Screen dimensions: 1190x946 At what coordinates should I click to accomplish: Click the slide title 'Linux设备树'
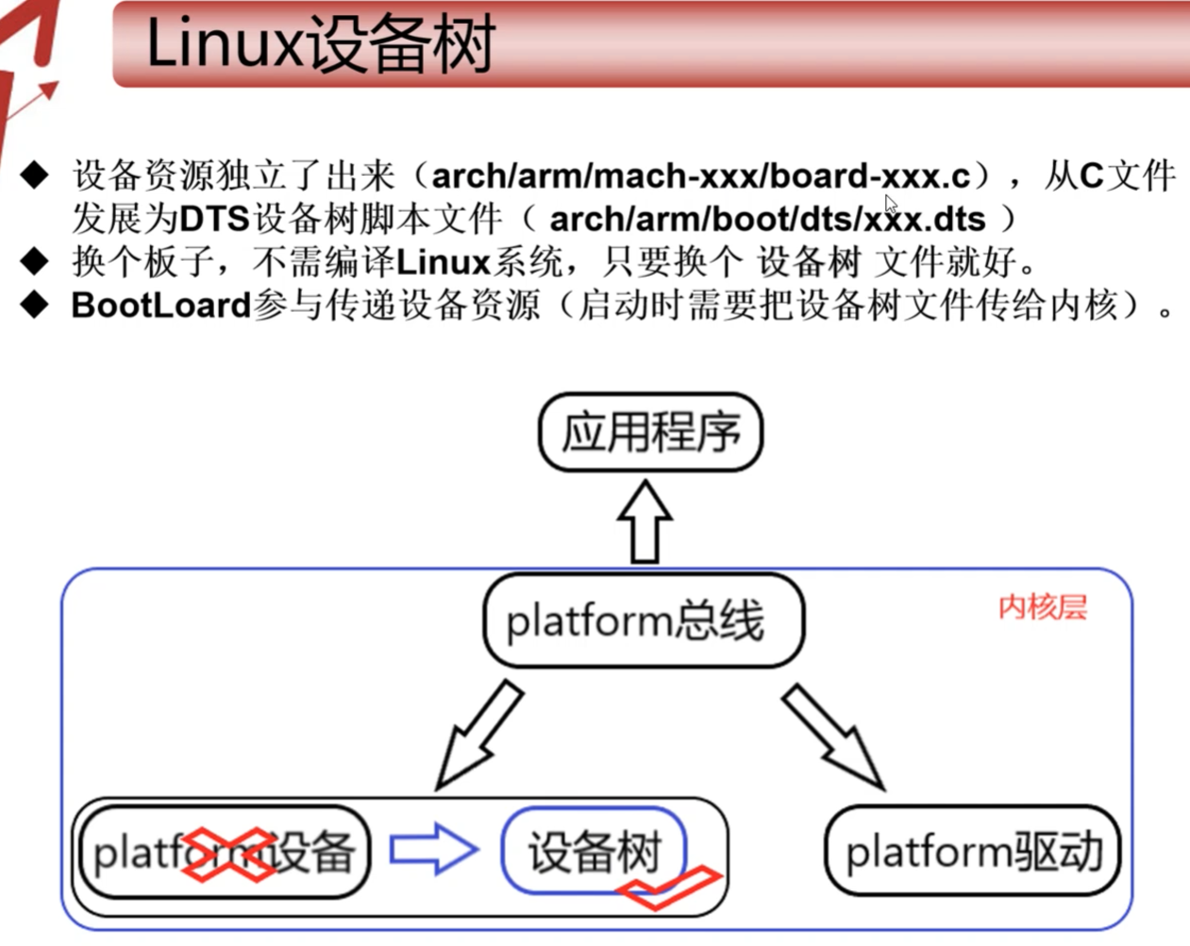pos(321,43)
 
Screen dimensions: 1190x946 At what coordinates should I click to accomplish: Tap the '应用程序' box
pos(651,432)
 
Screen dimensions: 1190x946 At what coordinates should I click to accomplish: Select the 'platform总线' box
pos(645,620)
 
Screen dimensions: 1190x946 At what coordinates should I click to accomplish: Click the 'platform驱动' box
pos(973,852)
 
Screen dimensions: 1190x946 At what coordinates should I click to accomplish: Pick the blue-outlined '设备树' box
pos(594,852)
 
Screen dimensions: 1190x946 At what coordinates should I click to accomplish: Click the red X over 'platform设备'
pos(228,854)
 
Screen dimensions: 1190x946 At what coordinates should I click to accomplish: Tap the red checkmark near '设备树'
pos(669,887)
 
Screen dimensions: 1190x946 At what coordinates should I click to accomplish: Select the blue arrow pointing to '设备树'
pos(433,849)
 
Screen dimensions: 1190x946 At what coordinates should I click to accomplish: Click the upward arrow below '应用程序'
pos(645,522)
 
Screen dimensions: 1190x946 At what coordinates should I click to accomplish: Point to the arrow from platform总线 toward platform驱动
pos(835,737)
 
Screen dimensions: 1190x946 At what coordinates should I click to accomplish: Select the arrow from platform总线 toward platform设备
pos(478,735)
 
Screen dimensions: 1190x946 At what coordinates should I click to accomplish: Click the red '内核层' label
pos(1043,607)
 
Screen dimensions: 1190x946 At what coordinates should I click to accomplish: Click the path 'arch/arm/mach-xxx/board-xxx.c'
pos(700,176)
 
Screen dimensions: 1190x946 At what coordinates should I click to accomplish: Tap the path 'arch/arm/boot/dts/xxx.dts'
pos(767,219)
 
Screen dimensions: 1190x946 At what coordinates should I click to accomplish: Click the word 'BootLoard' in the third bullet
pos(161,305)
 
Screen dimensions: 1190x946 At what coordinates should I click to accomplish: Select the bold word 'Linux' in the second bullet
pos(443,262)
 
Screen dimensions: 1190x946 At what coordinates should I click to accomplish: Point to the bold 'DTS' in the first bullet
pos(214,219)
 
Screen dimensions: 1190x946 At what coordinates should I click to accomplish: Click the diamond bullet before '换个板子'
pos(34,262)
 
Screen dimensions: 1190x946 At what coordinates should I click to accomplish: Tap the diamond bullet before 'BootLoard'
pos(34,305)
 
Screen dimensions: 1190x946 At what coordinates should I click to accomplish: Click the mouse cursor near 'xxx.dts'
pos(891,204)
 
